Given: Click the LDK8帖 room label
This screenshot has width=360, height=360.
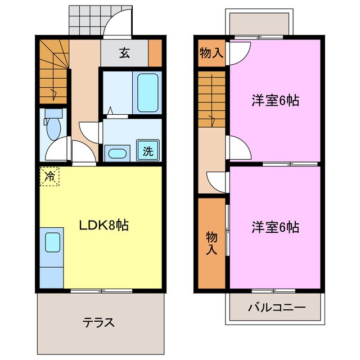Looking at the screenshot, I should click(x=103, y=226).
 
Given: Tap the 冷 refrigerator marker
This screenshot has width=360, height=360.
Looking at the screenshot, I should click(x=49, y=177).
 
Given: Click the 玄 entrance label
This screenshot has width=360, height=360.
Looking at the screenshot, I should click(x=124, y=54).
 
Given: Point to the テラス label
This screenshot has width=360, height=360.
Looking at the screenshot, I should click(x=99, y=322).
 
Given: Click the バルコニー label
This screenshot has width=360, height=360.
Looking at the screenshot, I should click(x=276, y=308).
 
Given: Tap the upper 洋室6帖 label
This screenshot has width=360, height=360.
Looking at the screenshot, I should click(x=275, y=101).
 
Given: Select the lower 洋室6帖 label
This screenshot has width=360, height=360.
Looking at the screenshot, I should click(x=275, y=227).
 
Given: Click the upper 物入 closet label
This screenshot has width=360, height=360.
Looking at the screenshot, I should click(x=211, y=54).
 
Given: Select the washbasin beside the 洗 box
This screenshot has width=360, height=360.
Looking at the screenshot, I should click(x=118, y=152).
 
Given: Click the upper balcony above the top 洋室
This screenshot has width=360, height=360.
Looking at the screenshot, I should click(x=275, y=22).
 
